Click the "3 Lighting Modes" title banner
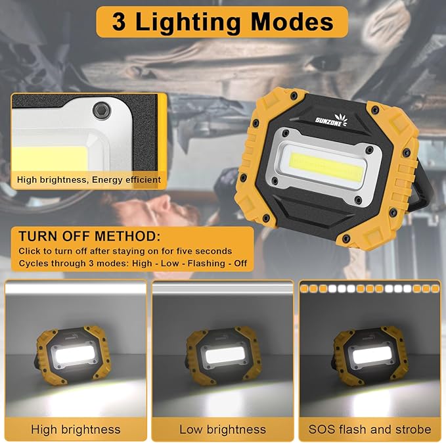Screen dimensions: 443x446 click(x=222, y=22)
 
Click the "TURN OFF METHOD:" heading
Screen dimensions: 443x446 click(x=89, y=237)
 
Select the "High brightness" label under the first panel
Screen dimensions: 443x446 click(x=76, y=429)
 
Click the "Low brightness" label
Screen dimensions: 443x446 click(x=223, y=429)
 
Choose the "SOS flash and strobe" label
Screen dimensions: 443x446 click(x=370, y=429)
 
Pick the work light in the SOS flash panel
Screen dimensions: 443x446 click(x=369, y=355)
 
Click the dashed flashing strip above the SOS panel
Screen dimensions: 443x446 click(x=369, y=288)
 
